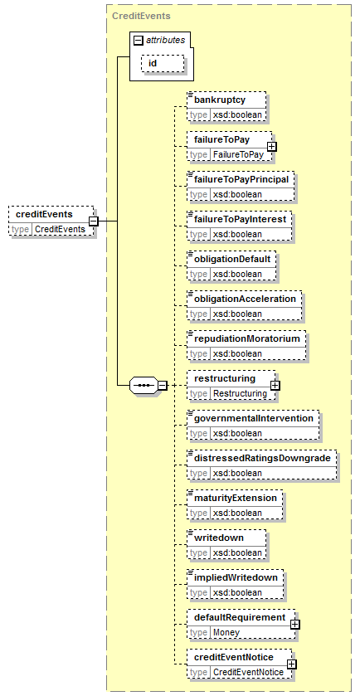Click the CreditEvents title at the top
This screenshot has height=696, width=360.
click(x=141, y=16)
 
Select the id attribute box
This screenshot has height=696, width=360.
click(x=163, y=63)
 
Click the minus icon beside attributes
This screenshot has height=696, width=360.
click(x=138, y=41)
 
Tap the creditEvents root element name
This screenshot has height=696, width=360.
click(x=45, y=214)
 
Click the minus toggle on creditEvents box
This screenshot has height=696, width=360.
click(x=93, y=221)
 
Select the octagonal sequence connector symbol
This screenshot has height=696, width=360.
click(x=144, y=385)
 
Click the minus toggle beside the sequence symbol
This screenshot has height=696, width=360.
click(x=163, y=385)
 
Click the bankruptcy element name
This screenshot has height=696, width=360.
click(x=220, y=100)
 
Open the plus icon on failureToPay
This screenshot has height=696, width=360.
click(x=271, y=146)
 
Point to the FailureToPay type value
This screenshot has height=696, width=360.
click(x=238, y=154)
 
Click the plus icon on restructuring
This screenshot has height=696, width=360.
click(x=275, y=385)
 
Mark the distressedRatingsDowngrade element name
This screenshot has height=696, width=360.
click(x=262, y=458)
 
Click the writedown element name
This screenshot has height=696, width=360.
click(x=219, y=538)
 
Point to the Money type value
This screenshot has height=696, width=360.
click(x=226, y=632)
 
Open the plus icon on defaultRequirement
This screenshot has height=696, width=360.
click(x=294, y=624)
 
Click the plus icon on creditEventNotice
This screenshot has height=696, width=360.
click(x=292, y=664)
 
